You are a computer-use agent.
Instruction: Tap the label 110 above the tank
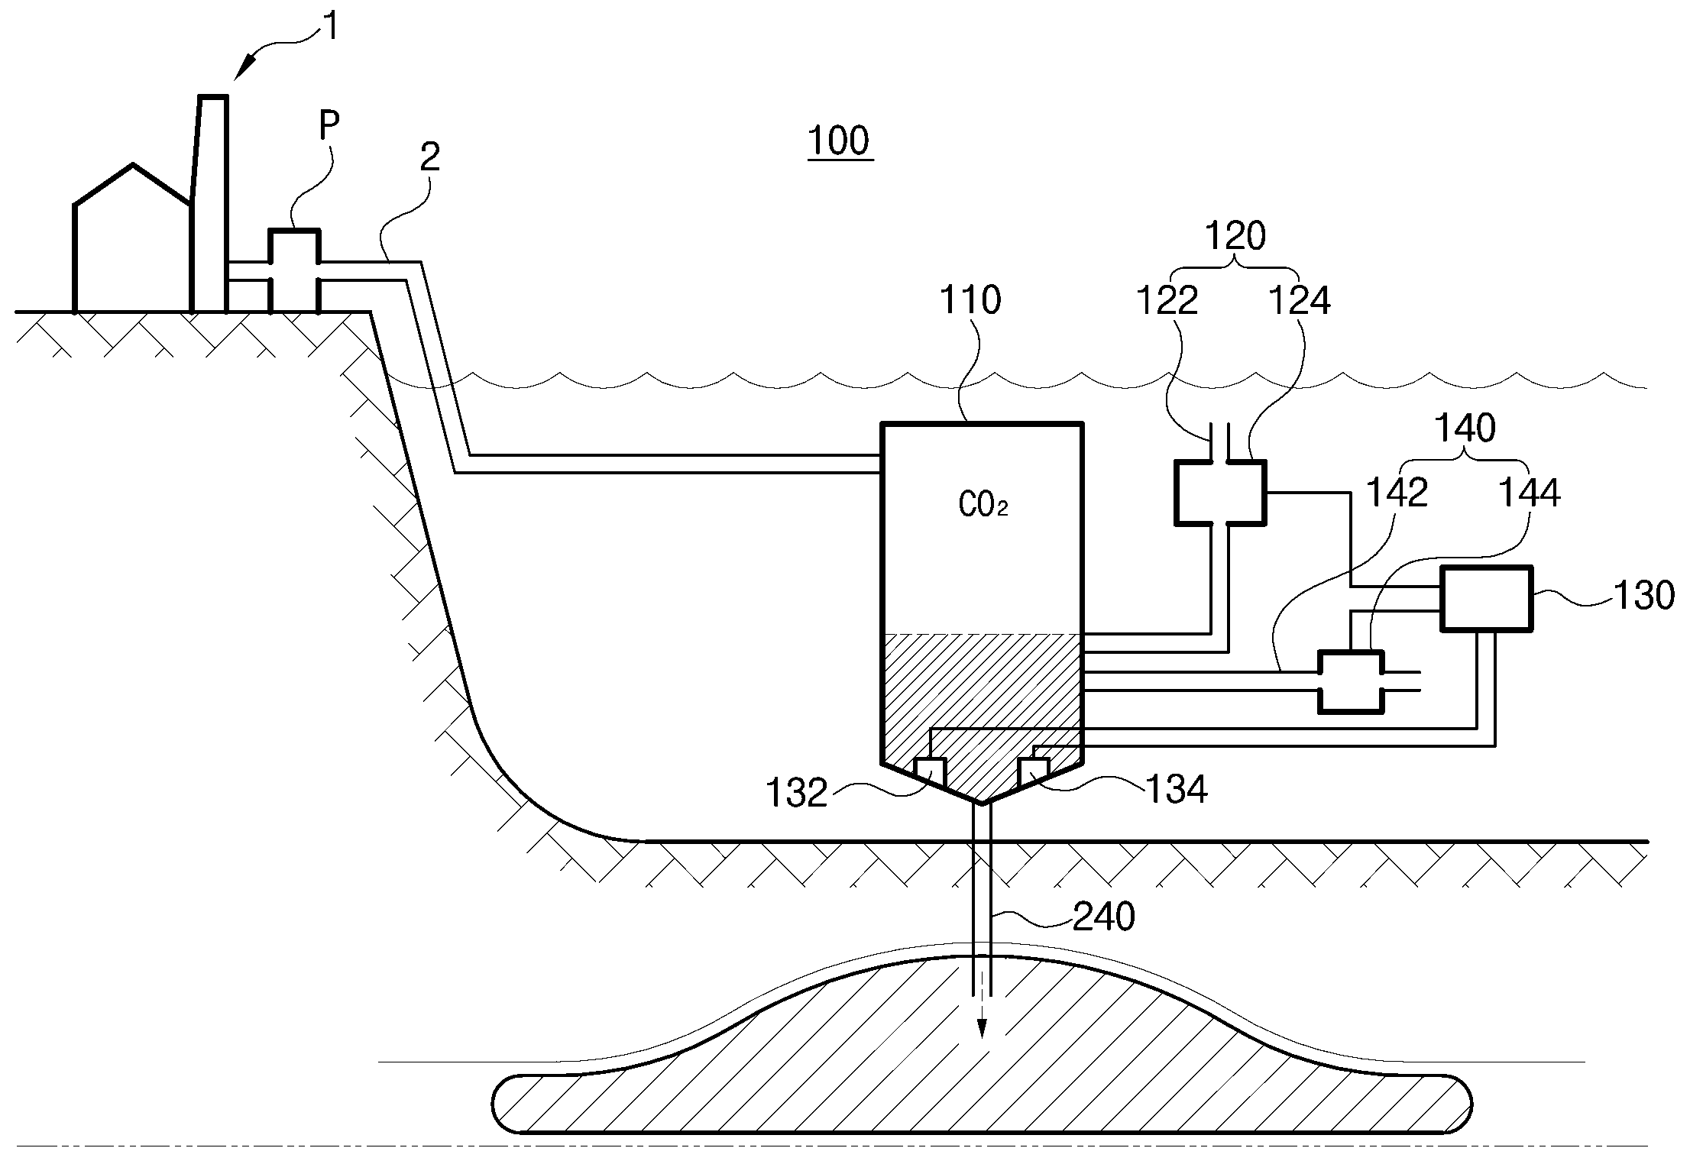click(x=970, y=300)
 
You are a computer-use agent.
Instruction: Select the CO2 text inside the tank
click(x=983, y=506)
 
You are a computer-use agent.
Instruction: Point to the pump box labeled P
click(x=295, y=271)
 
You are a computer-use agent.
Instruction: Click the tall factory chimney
click(x=209, y=203)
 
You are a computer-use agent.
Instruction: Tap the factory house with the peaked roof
click(x=131, y=238)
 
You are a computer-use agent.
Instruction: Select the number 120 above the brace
click(x=1235, y=237)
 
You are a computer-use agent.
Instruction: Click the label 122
click(x=1167, y=301)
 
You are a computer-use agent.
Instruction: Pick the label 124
click(x=1300, y=301)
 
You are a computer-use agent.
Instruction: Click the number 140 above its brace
click(x=1465, y=429)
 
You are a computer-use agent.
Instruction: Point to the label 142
click(x=1397, y=493)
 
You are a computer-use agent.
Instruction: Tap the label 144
click(x=1529, y=493)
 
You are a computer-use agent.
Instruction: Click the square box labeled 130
click(x=1486, y=599)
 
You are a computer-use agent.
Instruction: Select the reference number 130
click(x=1643, y=595)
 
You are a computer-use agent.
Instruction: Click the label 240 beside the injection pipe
click(x=1103, y=917)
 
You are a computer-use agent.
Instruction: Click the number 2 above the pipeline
click(x=430, y=157)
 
